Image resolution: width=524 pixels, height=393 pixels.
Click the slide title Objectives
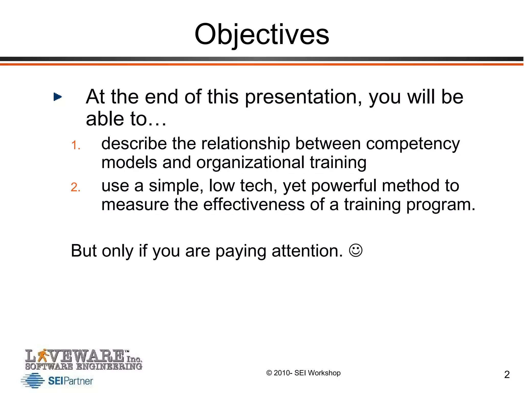[261, 35]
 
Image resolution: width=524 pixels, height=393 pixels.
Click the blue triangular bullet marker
[58, 97]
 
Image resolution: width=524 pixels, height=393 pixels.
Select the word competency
[413, 144]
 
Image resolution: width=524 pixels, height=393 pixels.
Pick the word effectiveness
[254, 205]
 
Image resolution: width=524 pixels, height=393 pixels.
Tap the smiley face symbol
[356, 250]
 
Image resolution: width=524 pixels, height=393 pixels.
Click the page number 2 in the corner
[507, 375]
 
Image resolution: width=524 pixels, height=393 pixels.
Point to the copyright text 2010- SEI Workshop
[303, 373]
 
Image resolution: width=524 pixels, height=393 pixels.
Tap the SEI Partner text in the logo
[70, 381]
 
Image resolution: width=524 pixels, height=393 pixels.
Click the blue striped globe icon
[33, 380]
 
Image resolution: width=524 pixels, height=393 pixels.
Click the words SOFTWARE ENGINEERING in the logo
[84, 366]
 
